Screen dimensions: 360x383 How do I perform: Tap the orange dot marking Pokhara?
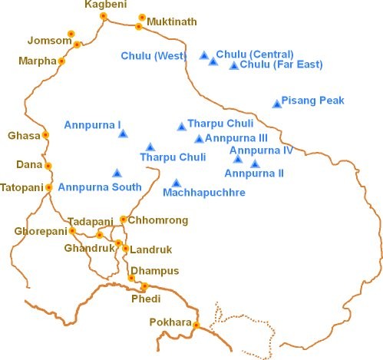pyautogui.click(x=196, y=325)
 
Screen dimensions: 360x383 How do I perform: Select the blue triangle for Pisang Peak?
pyautogui.click(x=277, y=104)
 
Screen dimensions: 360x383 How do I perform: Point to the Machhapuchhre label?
pyautogui.click(x=204, y=193)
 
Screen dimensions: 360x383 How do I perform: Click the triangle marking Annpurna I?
pyautogui.click(x=123, y=134)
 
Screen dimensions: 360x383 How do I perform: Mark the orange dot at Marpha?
pyautogui.click(x=61, y=61)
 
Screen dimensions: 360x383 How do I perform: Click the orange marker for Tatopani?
pyautogui.click(x=49, y=187)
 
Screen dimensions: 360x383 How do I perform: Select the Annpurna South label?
pyautogui.click(x=100, y=187)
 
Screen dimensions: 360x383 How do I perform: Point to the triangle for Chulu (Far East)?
pyautogui.click(x=234, y=65)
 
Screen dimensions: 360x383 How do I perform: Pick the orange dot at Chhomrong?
pyautogui.click(x=123, y=220)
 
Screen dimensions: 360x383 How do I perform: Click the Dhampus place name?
pyautogui.click(x=155, y=271)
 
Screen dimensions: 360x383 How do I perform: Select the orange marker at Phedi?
pyautogui.click(x=144, y=286)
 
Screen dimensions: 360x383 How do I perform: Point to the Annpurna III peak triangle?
pyautogui.click(x=199, y=139)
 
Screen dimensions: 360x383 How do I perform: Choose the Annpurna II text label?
pyautogui.click(x=259, y=174)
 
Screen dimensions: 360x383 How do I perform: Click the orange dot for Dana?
pyautogui.click(x=48, y=166)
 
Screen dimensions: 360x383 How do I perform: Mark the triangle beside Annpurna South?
pyautogui.click(x=117, y=173)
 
